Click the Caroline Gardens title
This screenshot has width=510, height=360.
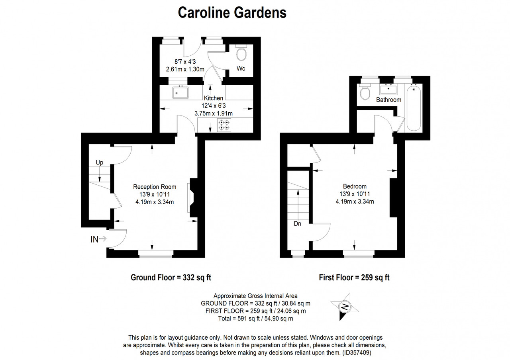pyautogui.click(x=232, y=13)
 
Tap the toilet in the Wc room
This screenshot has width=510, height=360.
pyautogui.click(x=241, y=53)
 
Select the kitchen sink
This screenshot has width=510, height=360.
pyautogui.click(x=180, y=92)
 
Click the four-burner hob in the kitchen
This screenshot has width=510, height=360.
pyautogui.click(x=224, y=125)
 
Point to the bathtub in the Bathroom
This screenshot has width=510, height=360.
pyautogui.click(x=414, y=107)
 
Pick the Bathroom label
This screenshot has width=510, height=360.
pyautogui.click(x=388, y=100)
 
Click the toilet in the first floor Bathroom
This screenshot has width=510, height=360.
pyautogui.click(x=365, y=92)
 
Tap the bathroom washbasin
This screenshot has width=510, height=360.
pyautogui.click(x=388, y=89)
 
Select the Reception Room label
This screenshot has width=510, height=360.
pyautogui.click(x=155, y=187)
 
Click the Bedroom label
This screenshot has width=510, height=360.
pyautogui.click(x=355, y=186)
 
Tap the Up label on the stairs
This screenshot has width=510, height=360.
pyautogui.click(x=100, y=162)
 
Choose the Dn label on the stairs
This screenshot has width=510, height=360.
pyautogui.click(x=297, y=224)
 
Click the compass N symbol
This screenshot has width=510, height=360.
pyautogui.click(x=345, y=307)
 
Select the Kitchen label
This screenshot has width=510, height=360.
pyautogui.click(x=213, y=98)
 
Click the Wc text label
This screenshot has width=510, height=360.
pyautogui.click(x=241, y=68)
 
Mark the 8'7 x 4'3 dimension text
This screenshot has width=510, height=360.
pyautogui.click(x=185, y=62)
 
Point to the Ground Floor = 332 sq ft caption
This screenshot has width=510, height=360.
pyautogui.click(x=171, y=278)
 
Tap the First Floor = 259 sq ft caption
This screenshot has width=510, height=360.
pyautogui.click(x=354, y=278)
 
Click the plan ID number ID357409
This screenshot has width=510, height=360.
pyautogui.click(x=357, y=353)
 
